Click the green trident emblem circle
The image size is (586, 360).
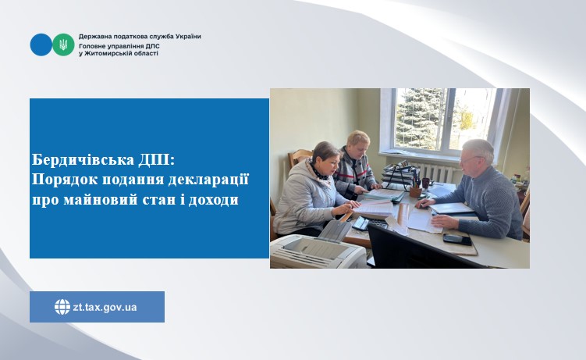point(63,45)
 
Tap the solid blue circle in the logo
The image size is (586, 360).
point(41,45)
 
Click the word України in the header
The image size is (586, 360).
point(188,37)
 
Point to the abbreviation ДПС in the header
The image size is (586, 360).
point(152,45)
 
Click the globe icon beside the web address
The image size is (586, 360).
point(62,307)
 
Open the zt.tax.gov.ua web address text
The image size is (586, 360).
point(105,308)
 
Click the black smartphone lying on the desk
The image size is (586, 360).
point(457,239)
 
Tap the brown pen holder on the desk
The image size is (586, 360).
point(415,192)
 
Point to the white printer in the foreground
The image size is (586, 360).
point(318,247)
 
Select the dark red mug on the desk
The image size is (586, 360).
point(426,183)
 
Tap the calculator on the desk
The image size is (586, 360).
point(361,223)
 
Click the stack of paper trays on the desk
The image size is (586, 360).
point(399,175)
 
